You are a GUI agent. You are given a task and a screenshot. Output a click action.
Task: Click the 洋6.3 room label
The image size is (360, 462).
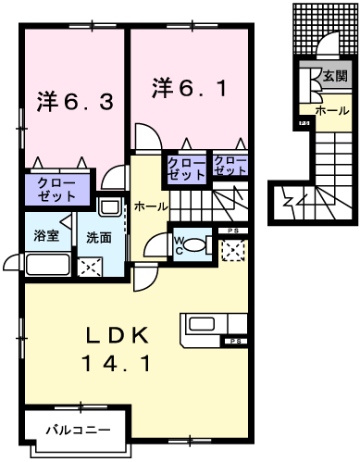(76, 100)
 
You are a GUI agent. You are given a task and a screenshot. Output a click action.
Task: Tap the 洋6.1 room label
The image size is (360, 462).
(189, 89)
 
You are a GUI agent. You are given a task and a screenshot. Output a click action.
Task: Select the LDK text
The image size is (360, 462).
(118, 335)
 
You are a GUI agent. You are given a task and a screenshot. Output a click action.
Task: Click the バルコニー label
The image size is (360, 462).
(81, 431)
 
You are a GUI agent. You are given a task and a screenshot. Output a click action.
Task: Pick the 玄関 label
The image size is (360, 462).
(335, 77)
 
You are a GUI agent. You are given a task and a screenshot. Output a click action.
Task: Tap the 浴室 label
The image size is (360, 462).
(46, 235)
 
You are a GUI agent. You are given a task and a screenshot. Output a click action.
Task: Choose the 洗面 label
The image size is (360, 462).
(99, 237)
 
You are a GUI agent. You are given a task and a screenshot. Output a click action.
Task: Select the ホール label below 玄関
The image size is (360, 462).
(332, 110)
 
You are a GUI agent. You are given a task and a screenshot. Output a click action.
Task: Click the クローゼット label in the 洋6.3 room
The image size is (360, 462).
(58, 190)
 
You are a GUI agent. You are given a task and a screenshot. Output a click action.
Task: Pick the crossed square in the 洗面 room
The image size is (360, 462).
(92, 268)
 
